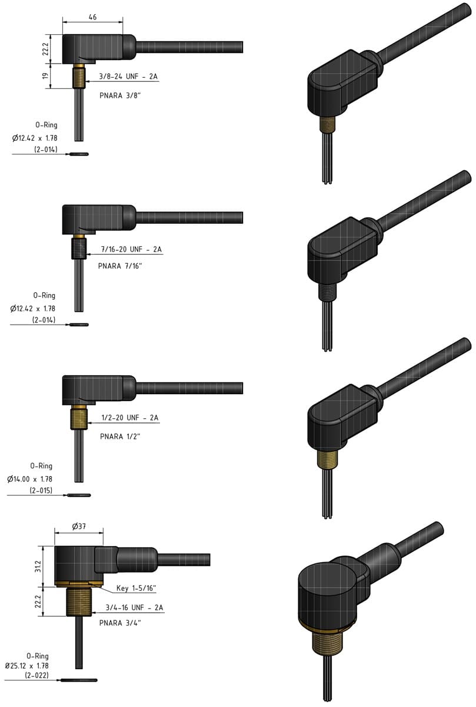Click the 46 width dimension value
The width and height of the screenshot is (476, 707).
(92, 18)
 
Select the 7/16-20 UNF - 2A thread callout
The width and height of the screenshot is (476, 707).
(131, 250)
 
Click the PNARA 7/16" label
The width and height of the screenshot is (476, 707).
(120, 266)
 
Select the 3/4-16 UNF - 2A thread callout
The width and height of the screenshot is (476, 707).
(134, 607)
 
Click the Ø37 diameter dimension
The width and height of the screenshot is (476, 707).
(79, 527)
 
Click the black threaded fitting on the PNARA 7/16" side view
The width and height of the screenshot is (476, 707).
(79, 247)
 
